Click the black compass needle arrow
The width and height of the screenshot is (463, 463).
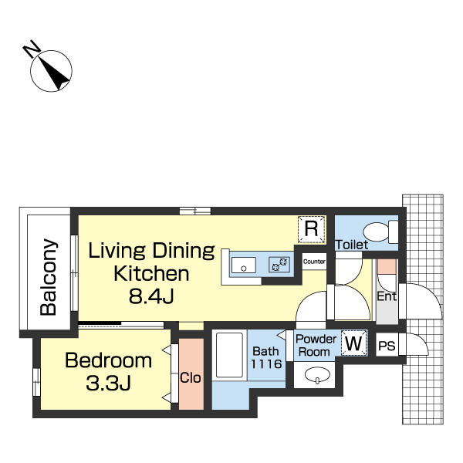click(x=56, y=73)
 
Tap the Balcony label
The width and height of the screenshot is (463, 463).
click(x=49, y=277)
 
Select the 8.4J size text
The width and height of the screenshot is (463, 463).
click(x=151, y=296)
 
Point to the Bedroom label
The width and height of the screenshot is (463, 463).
click(x=108, y=360)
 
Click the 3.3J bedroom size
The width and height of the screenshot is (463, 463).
click(x=108, y=383)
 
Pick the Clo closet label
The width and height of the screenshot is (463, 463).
click(x=191, y=377)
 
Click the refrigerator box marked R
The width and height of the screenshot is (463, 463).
click(x=311, y=229)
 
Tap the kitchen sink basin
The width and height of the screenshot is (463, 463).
click(x=244, y=265)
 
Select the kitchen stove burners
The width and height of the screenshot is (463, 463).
click(x=279, y=264)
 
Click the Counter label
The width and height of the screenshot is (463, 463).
click(x=314, y=262)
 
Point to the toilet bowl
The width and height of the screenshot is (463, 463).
click(x=376, y=231)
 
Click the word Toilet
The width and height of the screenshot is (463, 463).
click(x=352, y=245)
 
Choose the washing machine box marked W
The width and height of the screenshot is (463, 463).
click(x=354, y=343)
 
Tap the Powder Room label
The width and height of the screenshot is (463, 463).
click(x=316, y=345)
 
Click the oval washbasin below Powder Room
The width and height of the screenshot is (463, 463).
click(x=317, y=375)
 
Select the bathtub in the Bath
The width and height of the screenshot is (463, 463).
click(x=229, y=355)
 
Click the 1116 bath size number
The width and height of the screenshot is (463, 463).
click(x=266, y=363)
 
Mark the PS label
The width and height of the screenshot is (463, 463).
click(x=387, y=346)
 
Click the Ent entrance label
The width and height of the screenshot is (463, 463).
click(x=387, y=296)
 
